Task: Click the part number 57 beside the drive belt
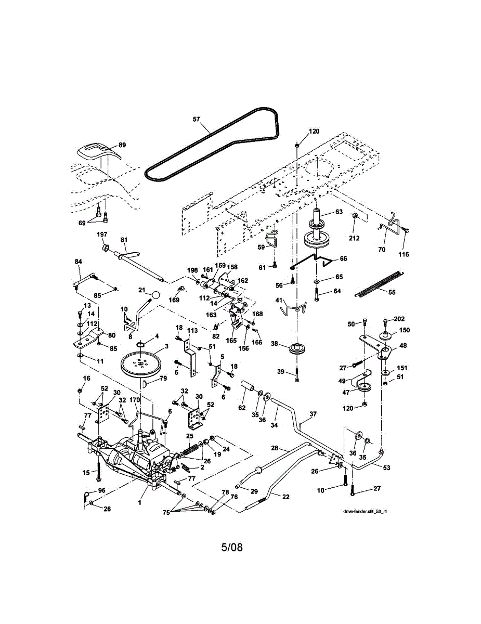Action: tap(196, 119)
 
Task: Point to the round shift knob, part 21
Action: tap(155, 294)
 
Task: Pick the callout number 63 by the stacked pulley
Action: tap(339, 212)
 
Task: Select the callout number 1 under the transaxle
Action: tap(140, 503)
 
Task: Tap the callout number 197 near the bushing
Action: tap(102, 235)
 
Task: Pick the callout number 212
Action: tap(354, 238)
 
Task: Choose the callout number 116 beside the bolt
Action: tap(404, 254)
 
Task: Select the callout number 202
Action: tap(399, 319)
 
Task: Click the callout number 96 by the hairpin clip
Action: tap(102, 491)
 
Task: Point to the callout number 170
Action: tap(134, 400)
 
